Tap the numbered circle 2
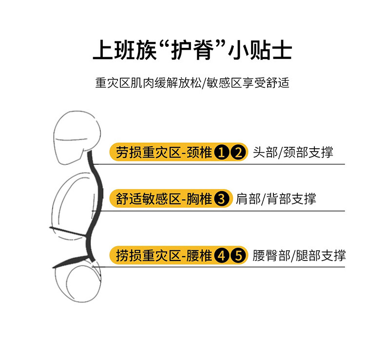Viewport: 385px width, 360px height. (238, 153)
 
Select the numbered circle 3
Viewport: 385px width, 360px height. (222, 199)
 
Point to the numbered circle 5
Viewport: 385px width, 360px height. (238, 255)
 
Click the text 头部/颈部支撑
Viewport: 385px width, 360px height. (293, 152)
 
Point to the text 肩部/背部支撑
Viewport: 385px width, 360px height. (276, 199)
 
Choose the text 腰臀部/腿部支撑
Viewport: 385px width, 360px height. (299, 255)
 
